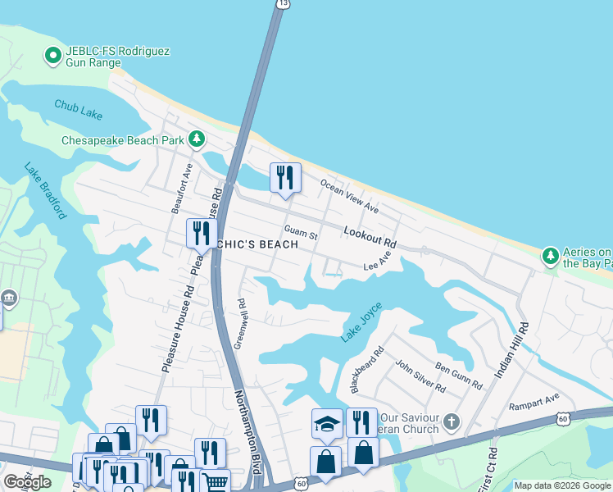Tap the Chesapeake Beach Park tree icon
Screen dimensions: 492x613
[197, 139]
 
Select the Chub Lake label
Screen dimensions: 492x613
[79, 109]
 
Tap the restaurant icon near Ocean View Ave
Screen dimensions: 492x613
[285, 177]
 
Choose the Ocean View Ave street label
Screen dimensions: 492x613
[350, 196]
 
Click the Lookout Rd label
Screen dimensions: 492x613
[370, 238]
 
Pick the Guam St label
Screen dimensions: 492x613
[301, 233]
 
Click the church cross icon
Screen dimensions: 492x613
[449, 423]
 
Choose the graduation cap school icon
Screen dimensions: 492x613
[326, 424]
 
